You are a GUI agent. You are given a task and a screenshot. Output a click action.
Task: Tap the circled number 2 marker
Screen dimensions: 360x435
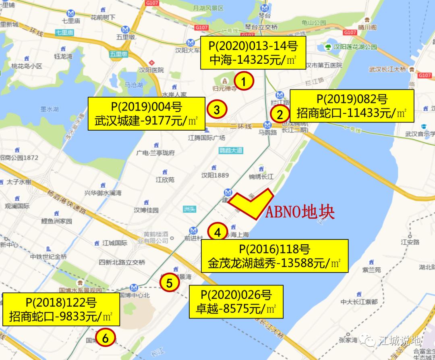280,114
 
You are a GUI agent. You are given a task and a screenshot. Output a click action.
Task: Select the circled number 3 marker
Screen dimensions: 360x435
217,110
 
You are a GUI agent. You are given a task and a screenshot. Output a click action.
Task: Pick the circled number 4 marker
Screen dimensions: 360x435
217,233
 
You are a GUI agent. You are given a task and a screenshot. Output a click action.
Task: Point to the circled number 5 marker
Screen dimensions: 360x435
170,283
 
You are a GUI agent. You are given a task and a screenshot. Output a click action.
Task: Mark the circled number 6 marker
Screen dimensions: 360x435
105,339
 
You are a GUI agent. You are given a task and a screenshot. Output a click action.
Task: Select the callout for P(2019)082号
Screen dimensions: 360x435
352,106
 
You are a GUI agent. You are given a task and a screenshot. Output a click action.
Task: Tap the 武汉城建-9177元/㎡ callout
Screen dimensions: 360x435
146,113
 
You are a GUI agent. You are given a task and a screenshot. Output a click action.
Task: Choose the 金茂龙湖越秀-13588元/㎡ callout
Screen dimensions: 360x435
274,256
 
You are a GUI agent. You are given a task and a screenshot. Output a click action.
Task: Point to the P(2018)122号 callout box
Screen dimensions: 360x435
61,309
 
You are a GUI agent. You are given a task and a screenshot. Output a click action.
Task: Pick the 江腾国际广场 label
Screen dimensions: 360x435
207,138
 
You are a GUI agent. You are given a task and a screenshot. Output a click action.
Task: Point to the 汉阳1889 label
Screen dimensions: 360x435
215,175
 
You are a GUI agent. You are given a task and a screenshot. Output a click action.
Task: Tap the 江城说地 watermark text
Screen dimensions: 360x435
400,341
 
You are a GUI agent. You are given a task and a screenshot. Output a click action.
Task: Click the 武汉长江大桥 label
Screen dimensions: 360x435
387,69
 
